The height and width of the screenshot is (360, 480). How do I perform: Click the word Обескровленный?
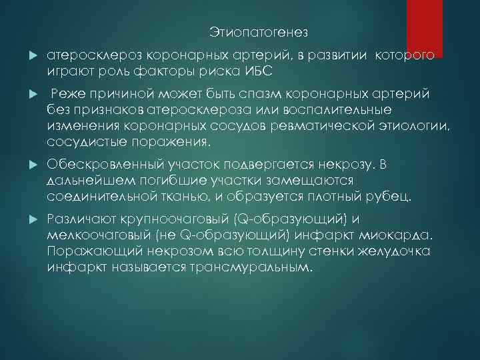pyautogui.click(x=113, y=165)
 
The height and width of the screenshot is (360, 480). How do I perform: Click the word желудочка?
pyautogui.click(x=396, y=251)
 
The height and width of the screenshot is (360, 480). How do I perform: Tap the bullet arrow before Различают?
pyautogui.click(x=33, y=220)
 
